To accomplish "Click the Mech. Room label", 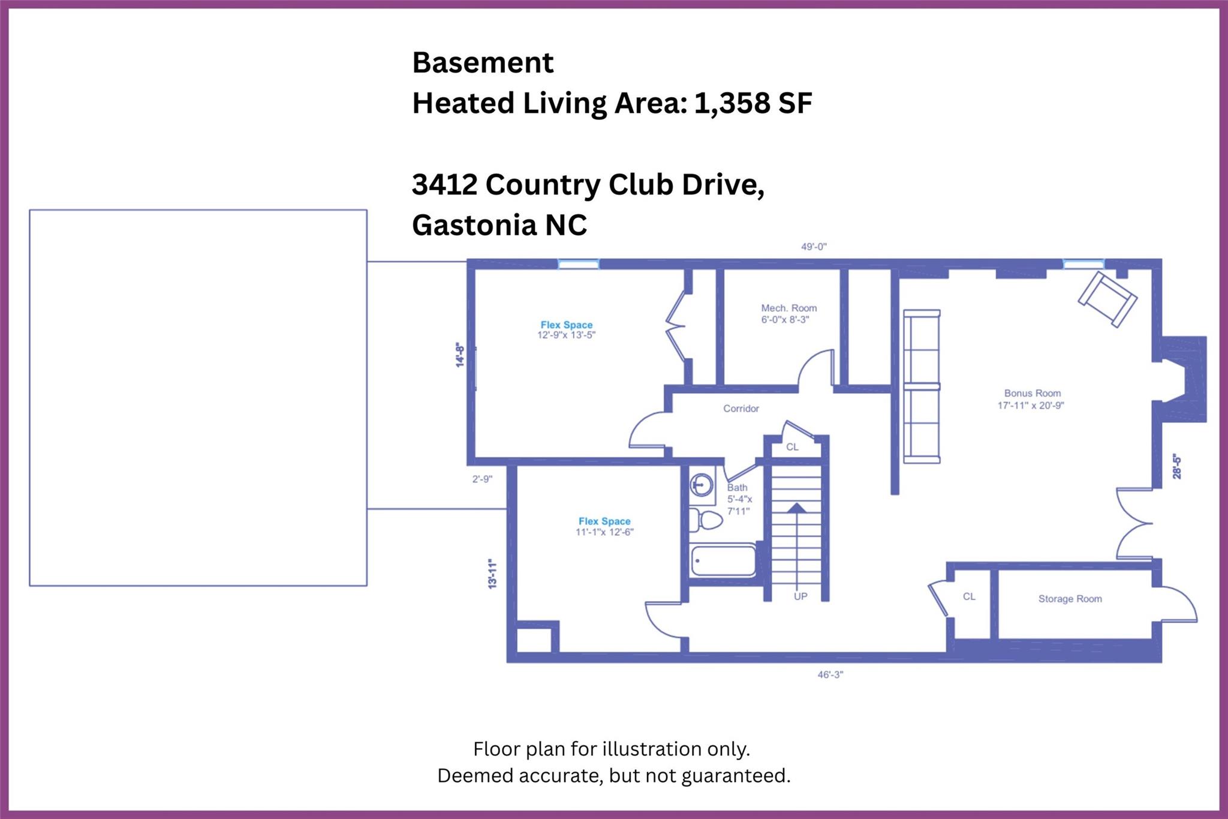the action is [789, 308].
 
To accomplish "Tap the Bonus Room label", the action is [1033, 394].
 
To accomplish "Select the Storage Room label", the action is [1070, 599].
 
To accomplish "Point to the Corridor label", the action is [741, 409].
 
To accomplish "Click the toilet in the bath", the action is [706, 520].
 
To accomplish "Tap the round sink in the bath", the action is [702, 484].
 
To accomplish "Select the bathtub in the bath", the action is [723, 560].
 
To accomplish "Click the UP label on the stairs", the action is [800, 596].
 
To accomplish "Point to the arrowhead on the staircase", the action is [796, 508].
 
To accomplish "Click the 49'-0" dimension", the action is [814, 247].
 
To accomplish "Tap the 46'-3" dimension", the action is [830, 674].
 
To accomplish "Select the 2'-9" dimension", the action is [482, 479].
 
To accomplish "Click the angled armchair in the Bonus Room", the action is [1107, 299].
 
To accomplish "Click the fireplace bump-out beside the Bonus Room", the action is [1184, 379].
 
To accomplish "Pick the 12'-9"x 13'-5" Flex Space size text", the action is [567, 335].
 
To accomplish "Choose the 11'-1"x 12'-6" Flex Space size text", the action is [604, 532].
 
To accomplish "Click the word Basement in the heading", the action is [483, 62].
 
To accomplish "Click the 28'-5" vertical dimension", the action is [1177, 466].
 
